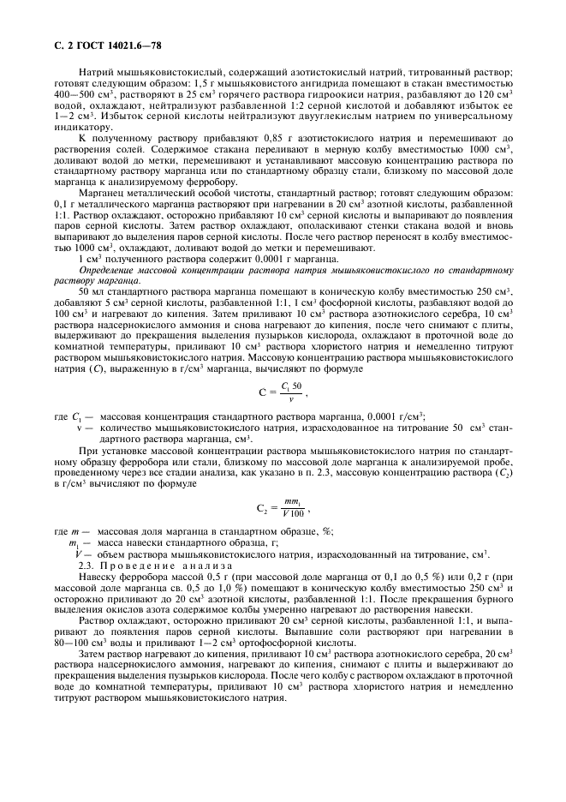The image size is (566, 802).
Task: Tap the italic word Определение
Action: (111, 269)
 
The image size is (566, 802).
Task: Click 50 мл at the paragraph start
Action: (89, 292)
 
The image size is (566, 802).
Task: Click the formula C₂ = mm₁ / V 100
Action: (281, 509)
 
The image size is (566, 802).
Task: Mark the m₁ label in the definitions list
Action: (74, 543)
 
